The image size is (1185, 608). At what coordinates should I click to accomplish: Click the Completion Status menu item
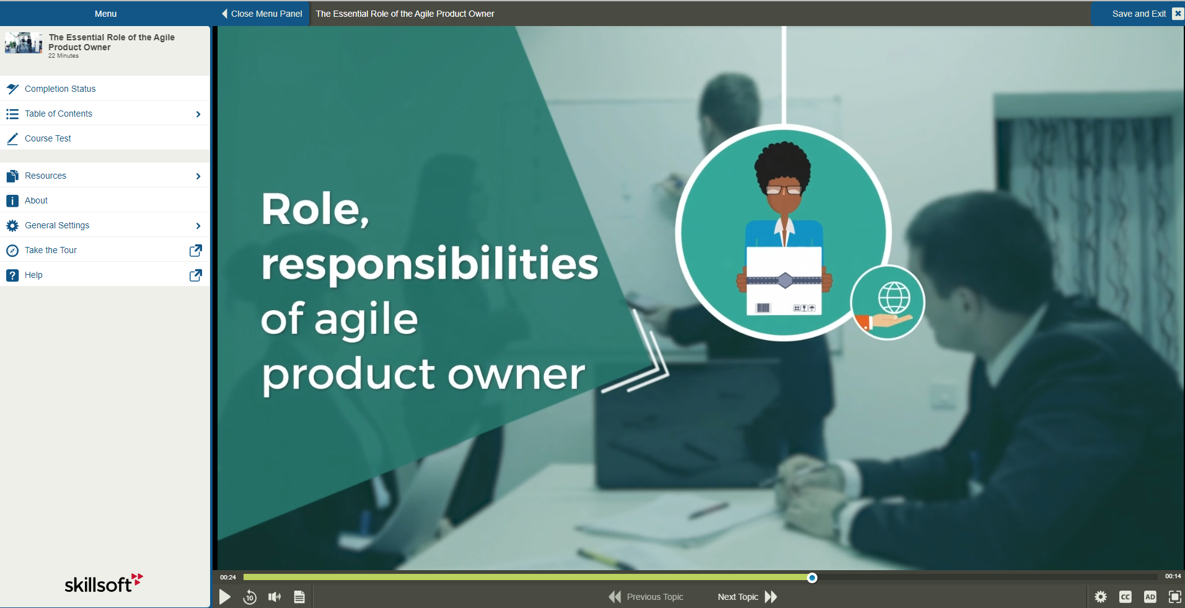60,89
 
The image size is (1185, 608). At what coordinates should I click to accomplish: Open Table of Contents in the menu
58,114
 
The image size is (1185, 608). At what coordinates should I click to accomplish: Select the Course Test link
48,138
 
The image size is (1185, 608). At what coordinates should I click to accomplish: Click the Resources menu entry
45,176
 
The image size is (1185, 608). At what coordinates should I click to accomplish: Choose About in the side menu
36,200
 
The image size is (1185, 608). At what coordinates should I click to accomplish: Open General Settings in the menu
57,225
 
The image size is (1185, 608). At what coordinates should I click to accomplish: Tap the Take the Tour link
51,250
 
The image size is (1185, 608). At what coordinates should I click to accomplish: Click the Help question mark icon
12,275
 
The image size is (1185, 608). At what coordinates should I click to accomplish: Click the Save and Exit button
1139,14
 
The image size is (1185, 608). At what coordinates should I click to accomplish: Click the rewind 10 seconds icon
250,597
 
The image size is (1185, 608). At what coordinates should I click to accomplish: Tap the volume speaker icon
275,597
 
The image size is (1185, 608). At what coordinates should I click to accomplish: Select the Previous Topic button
646,597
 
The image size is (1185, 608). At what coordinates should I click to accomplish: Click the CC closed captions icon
1126,597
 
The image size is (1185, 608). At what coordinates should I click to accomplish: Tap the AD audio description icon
1150,597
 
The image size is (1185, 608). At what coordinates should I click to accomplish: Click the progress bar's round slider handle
812,578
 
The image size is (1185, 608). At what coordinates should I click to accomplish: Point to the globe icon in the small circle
894,297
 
